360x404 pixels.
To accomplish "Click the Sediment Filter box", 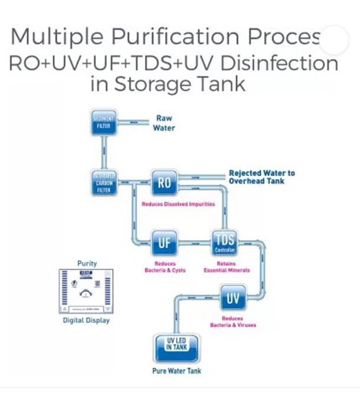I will coord(104,123).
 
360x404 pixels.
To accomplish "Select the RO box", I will coord(165,183).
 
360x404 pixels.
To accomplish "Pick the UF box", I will coord(165,242).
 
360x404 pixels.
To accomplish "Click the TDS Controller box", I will coord(225,243).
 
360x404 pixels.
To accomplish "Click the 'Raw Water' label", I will coord(164,123).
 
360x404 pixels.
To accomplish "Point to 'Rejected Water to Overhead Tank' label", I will coord(261,177).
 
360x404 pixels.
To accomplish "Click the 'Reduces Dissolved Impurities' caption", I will coord(178,204).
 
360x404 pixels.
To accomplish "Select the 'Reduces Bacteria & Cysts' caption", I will coord(165,267).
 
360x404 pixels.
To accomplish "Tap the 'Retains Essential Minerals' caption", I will coord(227,267).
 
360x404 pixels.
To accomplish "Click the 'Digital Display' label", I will coord(86,321).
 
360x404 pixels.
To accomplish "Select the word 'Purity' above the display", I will coord(87,263).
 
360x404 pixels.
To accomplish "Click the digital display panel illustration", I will coord(87,291).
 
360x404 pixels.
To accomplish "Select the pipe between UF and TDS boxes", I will coord(194,242).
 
